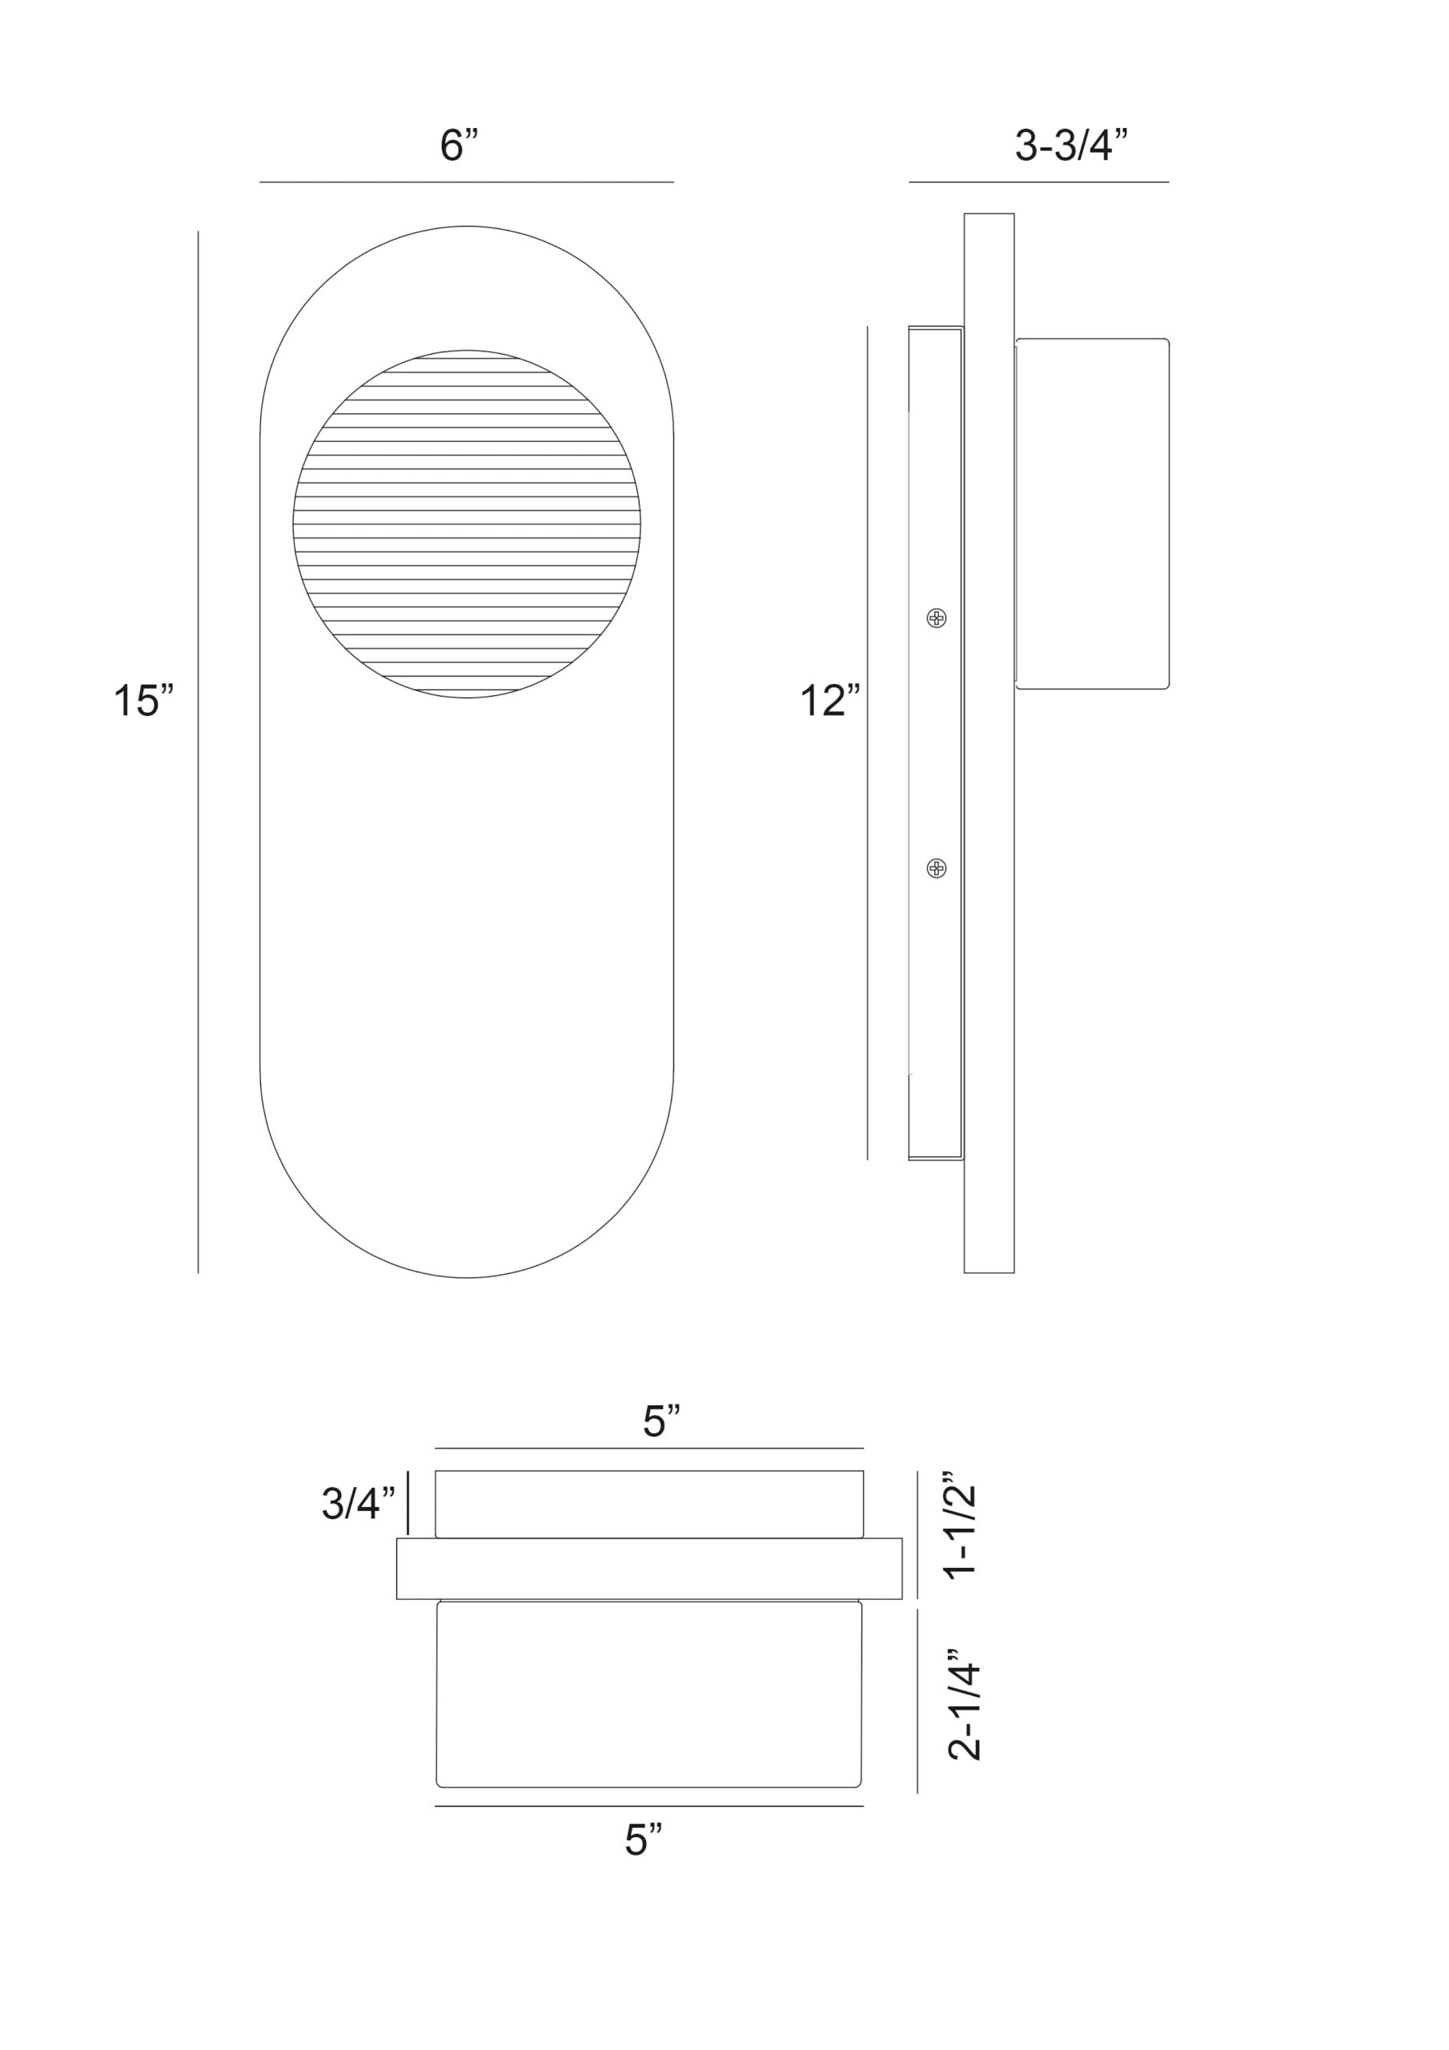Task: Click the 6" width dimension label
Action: coord(459,145)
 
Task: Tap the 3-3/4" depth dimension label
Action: coord(1071,145)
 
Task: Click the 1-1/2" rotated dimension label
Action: coord(963,1532)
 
